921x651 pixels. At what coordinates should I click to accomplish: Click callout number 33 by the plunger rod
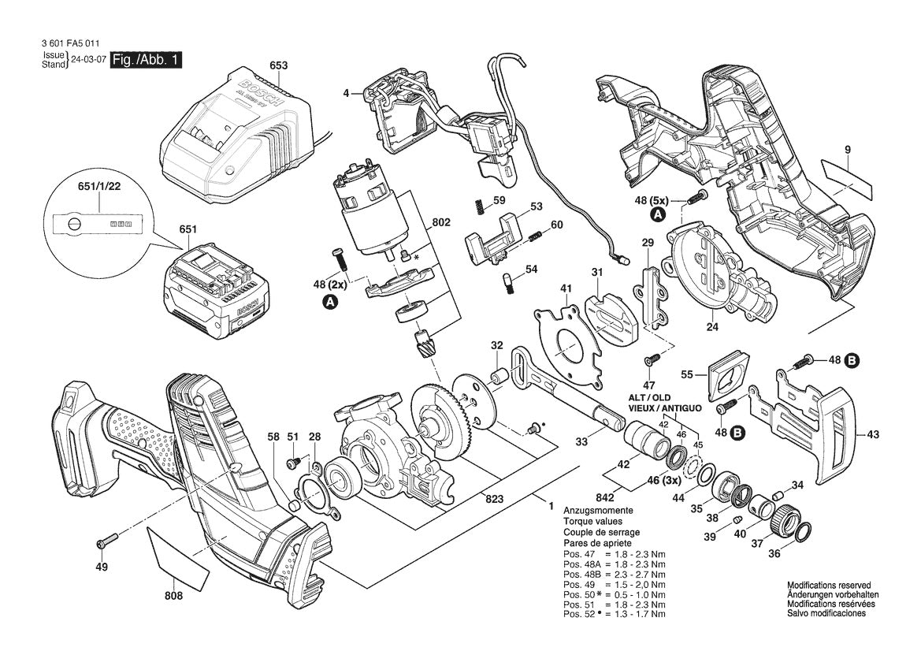[x=581, y=442]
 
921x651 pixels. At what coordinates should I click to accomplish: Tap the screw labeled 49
[x=106, y=542]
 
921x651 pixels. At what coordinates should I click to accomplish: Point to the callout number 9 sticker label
[x=848, y=176]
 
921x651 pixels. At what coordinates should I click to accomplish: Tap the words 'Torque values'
[x=592, y=522]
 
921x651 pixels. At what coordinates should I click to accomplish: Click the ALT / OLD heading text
[x=651, y=399]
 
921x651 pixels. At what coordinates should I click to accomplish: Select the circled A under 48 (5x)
[x=657, y=214]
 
